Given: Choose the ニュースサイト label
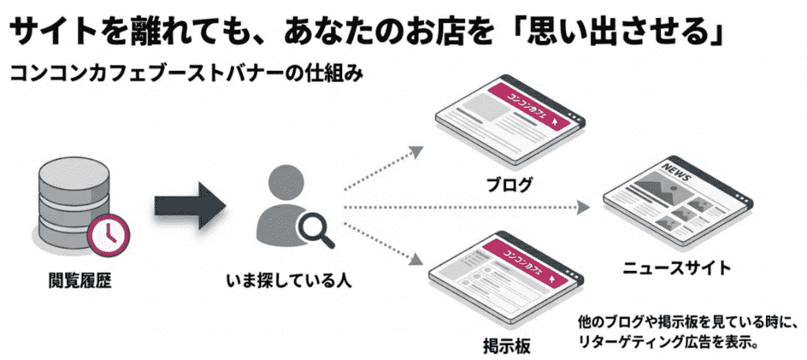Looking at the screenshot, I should click(676, 269).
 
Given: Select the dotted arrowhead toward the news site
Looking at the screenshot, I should click(584, 207).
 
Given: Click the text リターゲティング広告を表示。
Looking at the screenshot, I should click(666, 342).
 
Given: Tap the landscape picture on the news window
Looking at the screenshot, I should click(649, 189).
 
